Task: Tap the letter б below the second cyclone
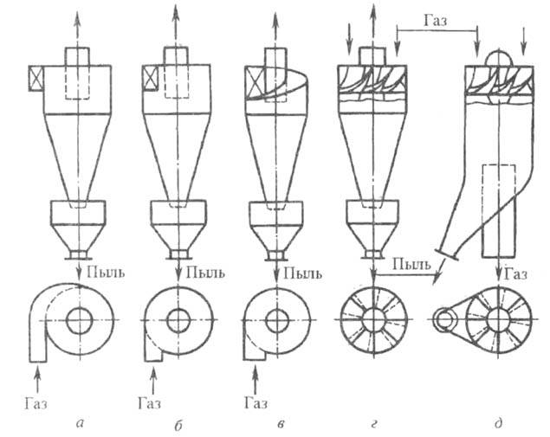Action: tap(178, 423)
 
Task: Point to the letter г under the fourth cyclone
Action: tap(373, 423)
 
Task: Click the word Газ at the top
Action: tap(437, 17)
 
